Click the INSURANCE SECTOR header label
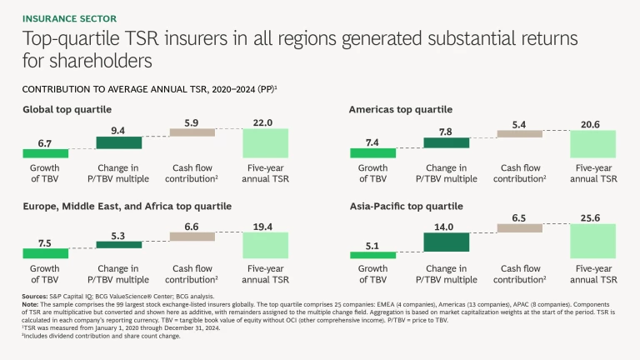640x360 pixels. point(68,17)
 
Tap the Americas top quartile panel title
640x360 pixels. point(400,109)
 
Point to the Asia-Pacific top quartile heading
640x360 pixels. point(404,206)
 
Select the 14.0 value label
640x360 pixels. point(447,225)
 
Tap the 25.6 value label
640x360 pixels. point(593,217)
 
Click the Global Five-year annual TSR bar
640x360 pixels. point(265,142)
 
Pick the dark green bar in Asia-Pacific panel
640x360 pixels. point(447,242)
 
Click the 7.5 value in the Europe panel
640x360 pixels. point(44,244)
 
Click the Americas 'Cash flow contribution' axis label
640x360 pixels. point(520,173)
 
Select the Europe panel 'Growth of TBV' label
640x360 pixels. point(44,274)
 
